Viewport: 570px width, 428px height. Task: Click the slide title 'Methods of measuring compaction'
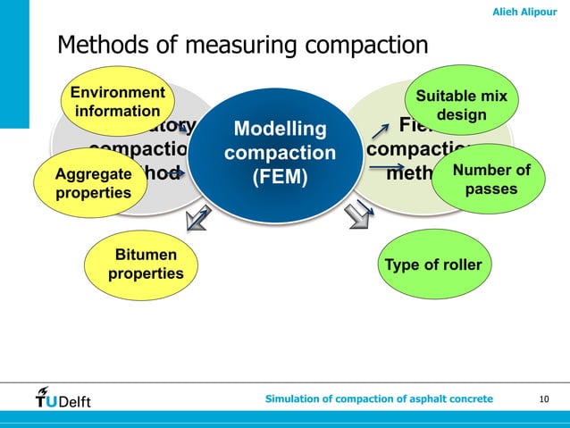pos(243,45)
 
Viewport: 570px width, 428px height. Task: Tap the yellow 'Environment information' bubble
pos(117,101)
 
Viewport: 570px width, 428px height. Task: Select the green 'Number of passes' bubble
pos(491,180)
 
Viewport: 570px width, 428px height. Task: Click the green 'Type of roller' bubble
pos(433,264)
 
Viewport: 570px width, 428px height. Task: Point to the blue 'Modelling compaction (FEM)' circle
pos(280,154)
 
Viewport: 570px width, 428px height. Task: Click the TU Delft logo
pos(63,398)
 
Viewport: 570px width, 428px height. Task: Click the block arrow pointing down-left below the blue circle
pos(197,218)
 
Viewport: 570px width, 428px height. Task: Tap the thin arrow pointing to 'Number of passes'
pos(387,168)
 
